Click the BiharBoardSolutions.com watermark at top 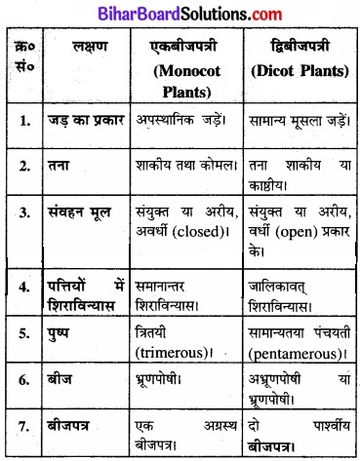click(x=180, y=12)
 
